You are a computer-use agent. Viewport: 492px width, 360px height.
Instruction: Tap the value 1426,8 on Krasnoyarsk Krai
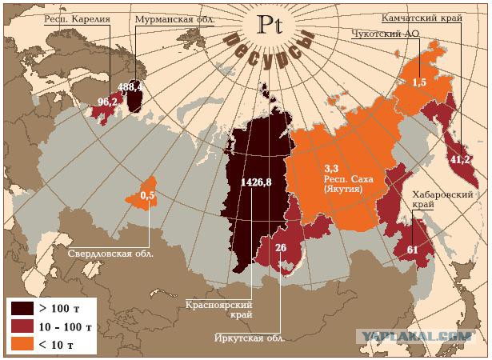click(x=256, y=182)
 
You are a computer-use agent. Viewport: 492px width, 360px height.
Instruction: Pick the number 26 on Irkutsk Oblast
click(x=281, y=247)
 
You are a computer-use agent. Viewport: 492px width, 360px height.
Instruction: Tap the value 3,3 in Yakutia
click(x=332, y=168)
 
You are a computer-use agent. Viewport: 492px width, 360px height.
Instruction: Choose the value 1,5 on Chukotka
click(x=418, y=82)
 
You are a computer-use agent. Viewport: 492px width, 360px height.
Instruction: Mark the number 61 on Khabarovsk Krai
click(x=413, y=250)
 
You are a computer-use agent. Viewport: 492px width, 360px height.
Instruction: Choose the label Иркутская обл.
click(x=250, y=336)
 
